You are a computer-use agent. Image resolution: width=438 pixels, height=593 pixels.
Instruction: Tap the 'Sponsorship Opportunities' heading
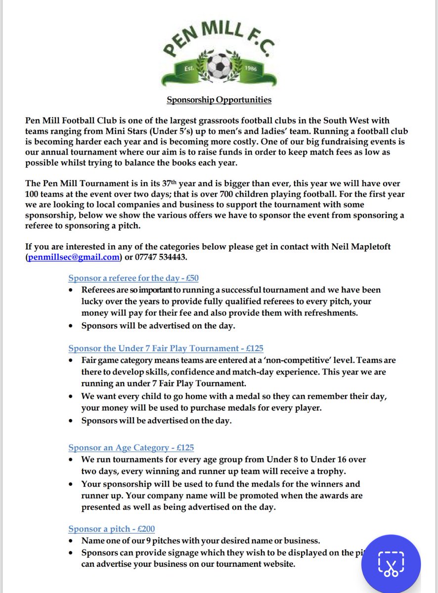tap(219, 100)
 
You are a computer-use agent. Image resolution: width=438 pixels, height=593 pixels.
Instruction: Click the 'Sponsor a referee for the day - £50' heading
tap(133, 278)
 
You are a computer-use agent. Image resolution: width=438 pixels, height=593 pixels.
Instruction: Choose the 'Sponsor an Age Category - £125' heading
tap(131, 448)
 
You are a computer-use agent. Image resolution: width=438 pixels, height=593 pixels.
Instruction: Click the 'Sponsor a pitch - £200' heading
tap(112, 529)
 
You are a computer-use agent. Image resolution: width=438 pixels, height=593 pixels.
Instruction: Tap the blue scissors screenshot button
tap(391, 563)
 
